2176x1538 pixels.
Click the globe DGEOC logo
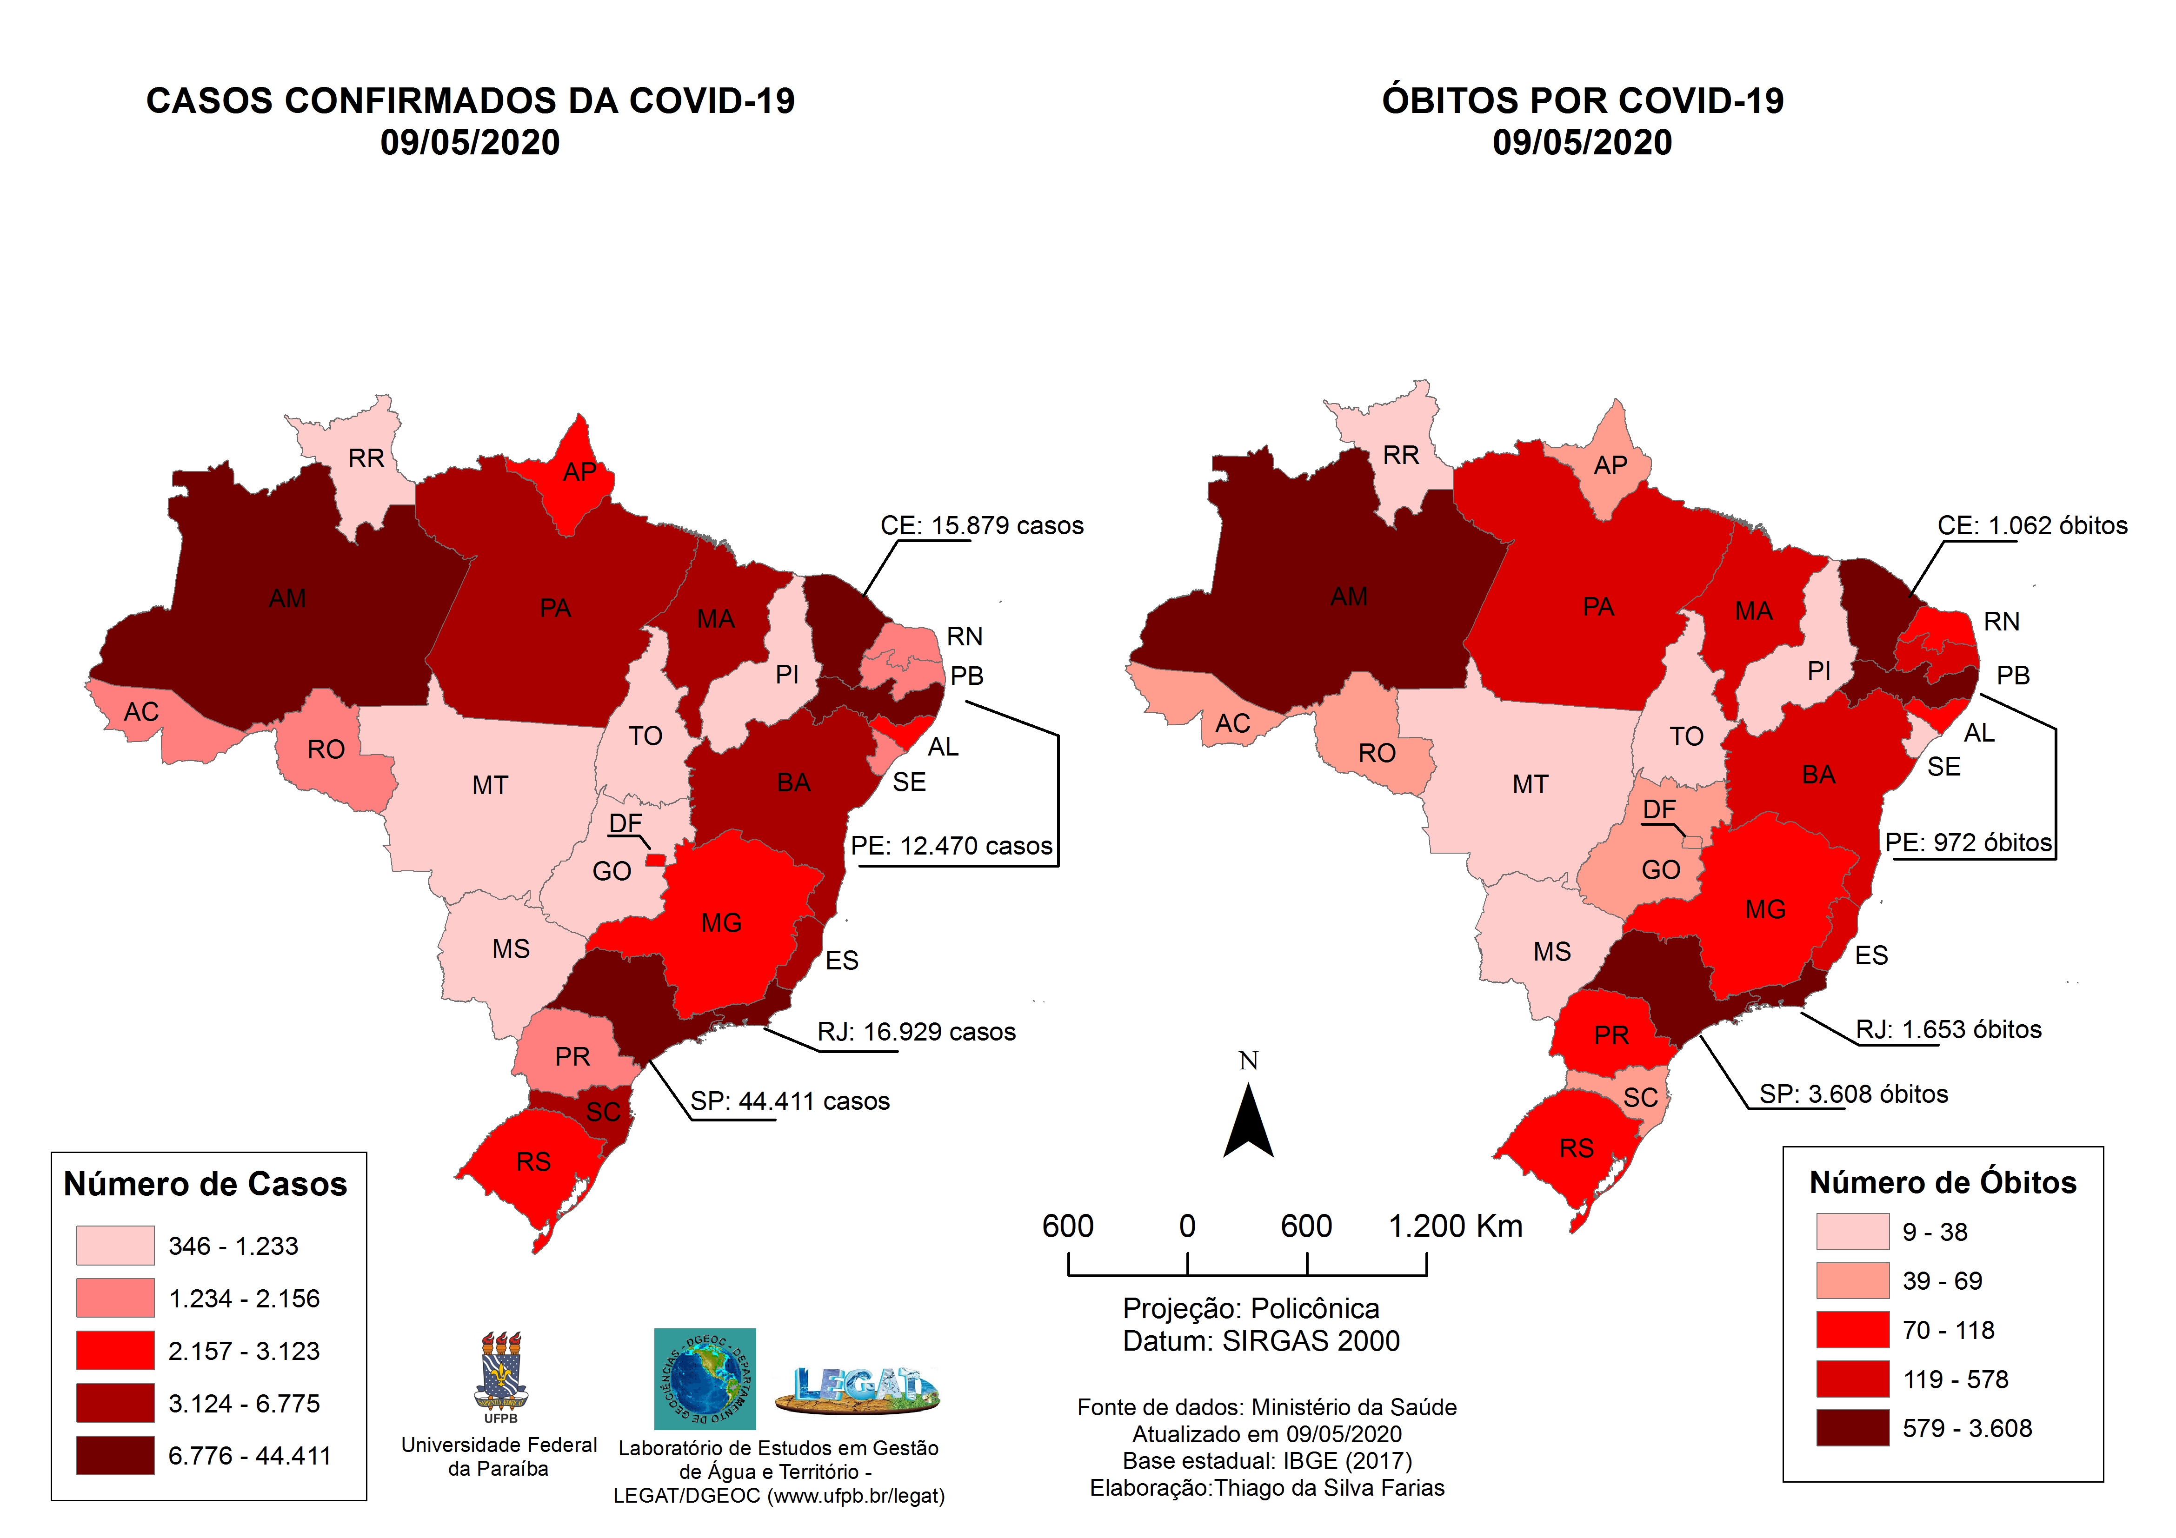[705, 1379]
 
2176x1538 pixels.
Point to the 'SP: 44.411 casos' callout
[790, 1101]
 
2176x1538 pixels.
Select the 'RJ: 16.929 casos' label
[917, 1032]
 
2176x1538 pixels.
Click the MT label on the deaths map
[1531, 785]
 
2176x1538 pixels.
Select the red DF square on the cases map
[655, 860]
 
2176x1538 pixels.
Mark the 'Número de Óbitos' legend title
[1943, 1183]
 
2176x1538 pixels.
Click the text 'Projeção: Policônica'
[1251, 1309]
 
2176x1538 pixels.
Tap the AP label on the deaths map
[1610, 465]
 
